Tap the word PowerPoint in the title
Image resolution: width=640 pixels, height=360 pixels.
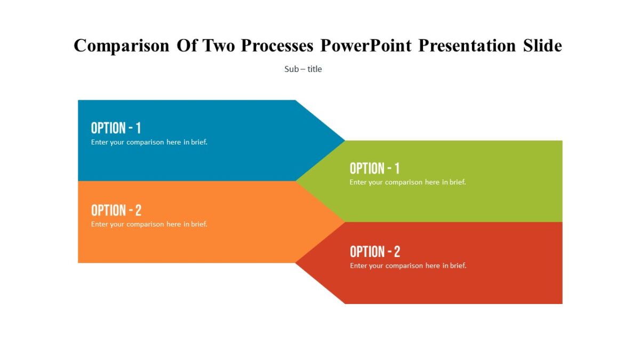click(x=366, y=46)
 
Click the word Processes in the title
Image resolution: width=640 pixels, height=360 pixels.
click(x=277, y=46)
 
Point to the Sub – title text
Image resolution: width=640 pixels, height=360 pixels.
click(x=303, y=69)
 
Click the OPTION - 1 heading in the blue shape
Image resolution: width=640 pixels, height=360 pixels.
click(x=116, y=128)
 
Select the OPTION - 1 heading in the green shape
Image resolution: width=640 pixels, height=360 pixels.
click(x=374, y=169)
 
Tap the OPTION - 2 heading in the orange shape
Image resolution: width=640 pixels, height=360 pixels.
click(x=116, y=210)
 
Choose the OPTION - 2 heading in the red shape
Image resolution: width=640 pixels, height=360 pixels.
click(x=374, y=252)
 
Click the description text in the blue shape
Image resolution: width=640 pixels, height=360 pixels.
click(x=149, y=142)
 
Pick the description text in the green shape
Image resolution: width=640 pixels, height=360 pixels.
click(x=407, y=182)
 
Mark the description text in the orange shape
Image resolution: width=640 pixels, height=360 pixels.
click(x=149, y=225)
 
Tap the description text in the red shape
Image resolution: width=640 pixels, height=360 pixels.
click(x=408, y=266)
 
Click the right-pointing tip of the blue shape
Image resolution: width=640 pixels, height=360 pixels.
click(x=341, y=141)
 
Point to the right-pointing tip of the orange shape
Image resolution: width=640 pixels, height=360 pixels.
click(x=341, y=222)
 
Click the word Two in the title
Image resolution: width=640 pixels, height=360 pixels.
click(x=218, y=46)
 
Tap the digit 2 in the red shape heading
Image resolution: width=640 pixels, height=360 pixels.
click(x=396, y=252)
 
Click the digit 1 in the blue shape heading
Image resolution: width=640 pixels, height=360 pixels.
click(x=138, y=128)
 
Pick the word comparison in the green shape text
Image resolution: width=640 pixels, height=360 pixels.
click(x=404, y=182)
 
